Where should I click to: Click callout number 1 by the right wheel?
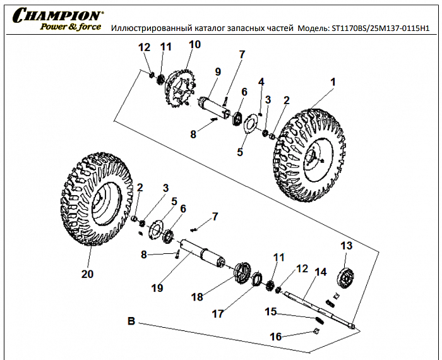(x=333, y=82)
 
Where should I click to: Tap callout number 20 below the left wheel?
(x=87, y=273)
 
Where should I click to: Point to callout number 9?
(x=217, y=71)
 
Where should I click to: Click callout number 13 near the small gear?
(x=346, y=245)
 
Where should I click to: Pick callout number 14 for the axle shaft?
(x=320, y=272)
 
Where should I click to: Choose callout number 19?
(x=157, y=287)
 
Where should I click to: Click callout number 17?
(x=235, y=312)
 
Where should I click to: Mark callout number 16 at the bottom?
(x=276, y=337)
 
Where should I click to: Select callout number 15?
(x=270, y=311)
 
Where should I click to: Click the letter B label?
(x=131, y=321)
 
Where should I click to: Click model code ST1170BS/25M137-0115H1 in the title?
(x=379, y=28)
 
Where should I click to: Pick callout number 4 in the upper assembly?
(x=261, y=82)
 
